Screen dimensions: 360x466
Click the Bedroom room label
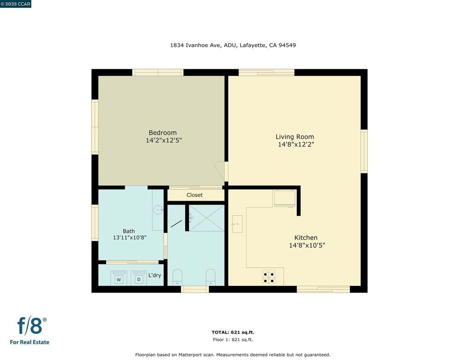(162, 133)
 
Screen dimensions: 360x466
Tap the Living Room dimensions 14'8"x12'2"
(296, 145)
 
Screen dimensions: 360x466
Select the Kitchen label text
(306, 238)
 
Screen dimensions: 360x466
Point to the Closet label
(195, 195)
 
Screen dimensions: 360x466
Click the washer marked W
(119, 279)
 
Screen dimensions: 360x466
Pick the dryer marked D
(139, 279)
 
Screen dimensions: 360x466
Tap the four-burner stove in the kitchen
(268, 277)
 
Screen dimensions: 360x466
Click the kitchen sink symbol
(237, 224)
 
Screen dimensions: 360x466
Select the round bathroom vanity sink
(158, 210)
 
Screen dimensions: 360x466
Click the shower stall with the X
(207, 218)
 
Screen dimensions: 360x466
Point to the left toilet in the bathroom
(177, 277)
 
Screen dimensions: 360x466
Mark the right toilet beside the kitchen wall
(210, 277)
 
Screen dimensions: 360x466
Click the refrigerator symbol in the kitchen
(285, 198)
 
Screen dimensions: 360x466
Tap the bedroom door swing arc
(220, 171)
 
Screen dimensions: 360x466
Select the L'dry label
(155, 275)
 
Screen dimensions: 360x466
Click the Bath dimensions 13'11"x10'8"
(129, 238)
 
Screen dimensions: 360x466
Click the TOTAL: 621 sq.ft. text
(233, 332)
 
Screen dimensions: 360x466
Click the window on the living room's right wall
(364, 151)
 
